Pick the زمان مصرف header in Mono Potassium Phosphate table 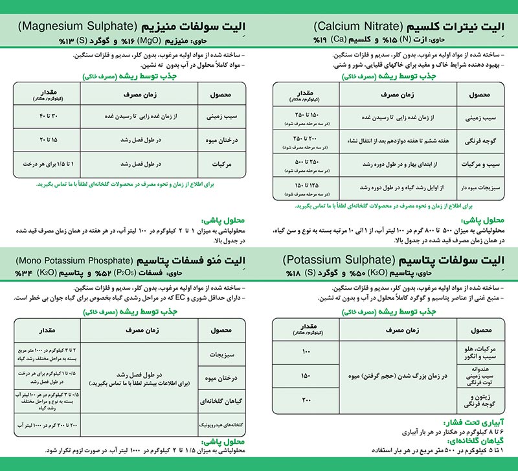click(136, 331)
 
